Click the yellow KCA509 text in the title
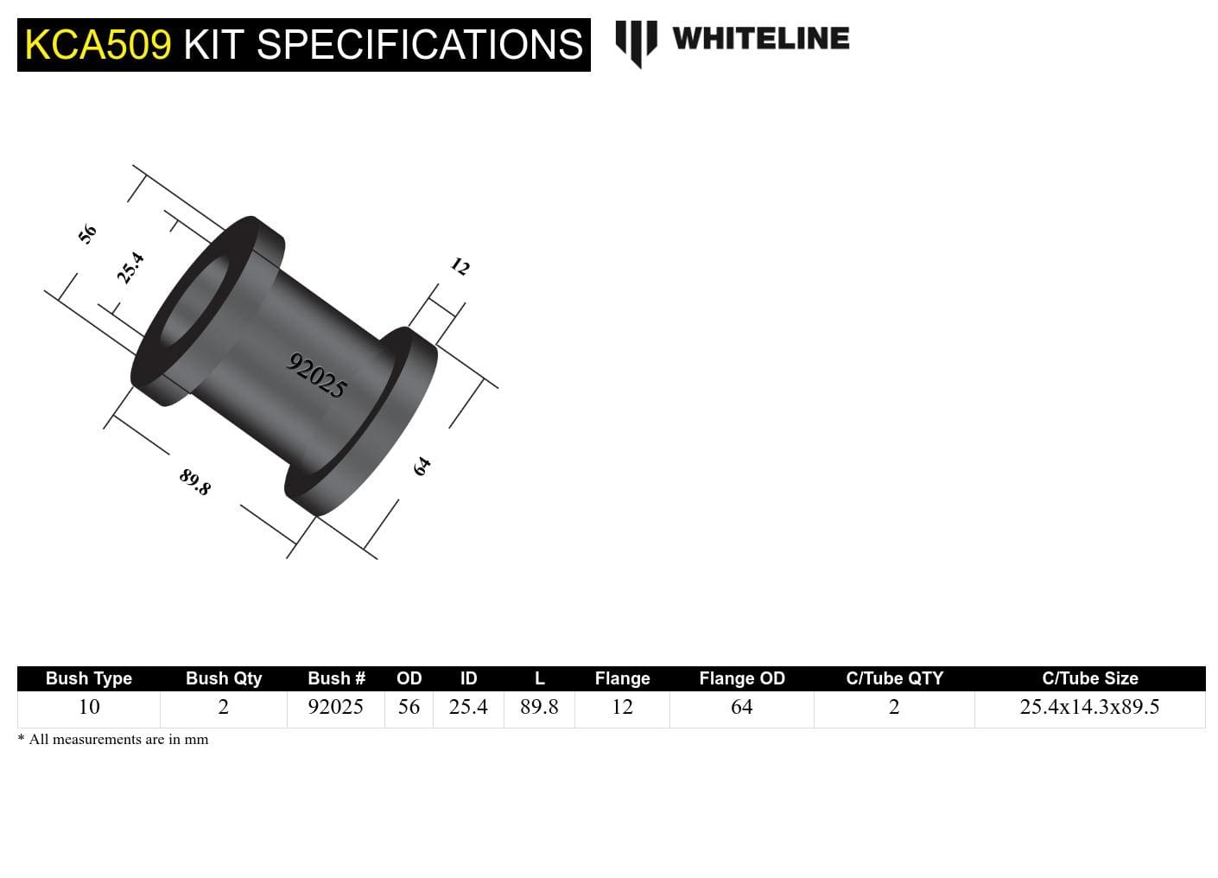point(98,45)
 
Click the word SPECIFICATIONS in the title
point(420,45)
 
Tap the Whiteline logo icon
point(636,42)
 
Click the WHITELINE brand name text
point(760,38)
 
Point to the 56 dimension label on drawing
point(87,233)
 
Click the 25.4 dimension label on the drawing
point(130,268)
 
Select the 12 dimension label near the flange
point(460,266)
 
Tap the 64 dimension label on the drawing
point(422,467)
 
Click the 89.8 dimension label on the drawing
point(195,481)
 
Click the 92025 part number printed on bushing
point(317,375)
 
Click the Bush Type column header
point(89,678)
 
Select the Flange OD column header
point(742,678)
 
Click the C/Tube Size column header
point(1090,678)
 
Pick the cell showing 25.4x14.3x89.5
point(1089,707)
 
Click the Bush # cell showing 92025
point(336,707)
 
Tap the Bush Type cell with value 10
point(89,707)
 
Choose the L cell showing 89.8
point(539,707)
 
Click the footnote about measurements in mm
point(113,739)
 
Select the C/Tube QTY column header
point(895,678)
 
